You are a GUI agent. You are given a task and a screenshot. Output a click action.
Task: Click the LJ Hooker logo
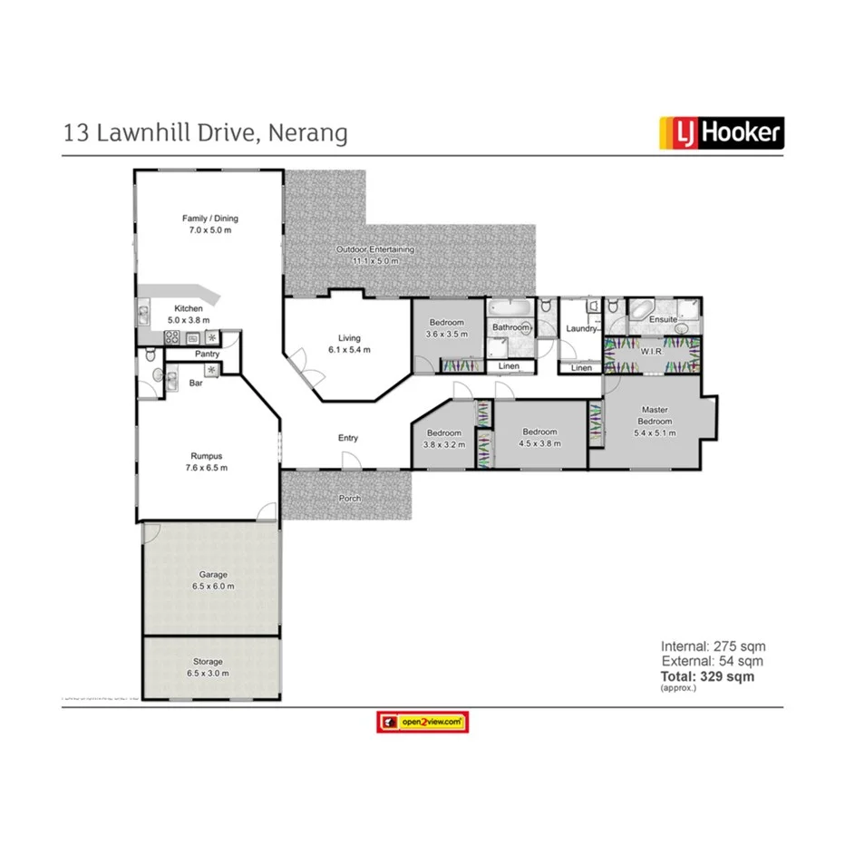click(720, 133)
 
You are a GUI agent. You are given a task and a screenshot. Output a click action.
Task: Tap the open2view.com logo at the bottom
click(422, 722)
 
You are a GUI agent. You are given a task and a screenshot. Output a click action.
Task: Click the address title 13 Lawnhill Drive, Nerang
click(206, 133)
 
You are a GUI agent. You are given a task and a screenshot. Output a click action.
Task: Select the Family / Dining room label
click(210, 224)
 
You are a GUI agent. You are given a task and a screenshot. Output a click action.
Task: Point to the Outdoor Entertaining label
click(375, 255)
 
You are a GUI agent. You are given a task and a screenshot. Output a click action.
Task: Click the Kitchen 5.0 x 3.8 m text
click(189, 314)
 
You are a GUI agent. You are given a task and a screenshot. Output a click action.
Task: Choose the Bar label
click(195, 384)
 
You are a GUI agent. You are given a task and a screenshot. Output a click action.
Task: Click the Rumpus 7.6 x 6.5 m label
click(207, 461)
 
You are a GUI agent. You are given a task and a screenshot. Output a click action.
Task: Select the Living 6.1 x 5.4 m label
click(349, 344)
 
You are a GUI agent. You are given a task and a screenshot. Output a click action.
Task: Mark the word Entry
click(348, 438)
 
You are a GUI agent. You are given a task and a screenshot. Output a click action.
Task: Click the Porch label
click(350, 498)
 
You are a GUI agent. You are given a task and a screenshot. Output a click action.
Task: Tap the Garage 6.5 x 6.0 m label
click(214, 580)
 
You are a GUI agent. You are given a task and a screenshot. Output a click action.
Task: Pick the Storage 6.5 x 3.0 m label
click(210, 667)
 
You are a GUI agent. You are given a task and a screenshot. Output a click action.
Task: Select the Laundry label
click(579, 328)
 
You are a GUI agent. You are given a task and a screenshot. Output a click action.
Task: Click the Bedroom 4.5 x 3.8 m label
click(539, 438)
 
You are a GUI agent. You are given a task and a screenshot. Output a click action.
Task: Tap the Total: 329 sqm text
click(707, 676)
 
